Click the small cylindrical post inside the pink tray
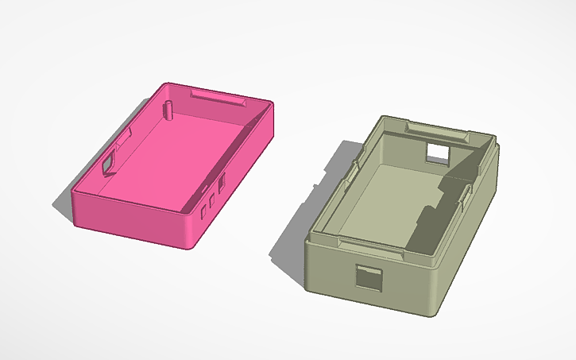pos(168,108)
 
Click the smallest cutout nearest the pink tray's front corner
pos(203,211)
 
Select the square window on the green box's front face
pos(368,277)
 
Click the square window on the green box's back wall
pos(438,151)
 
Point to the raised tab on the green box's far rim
pos(434,128)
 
